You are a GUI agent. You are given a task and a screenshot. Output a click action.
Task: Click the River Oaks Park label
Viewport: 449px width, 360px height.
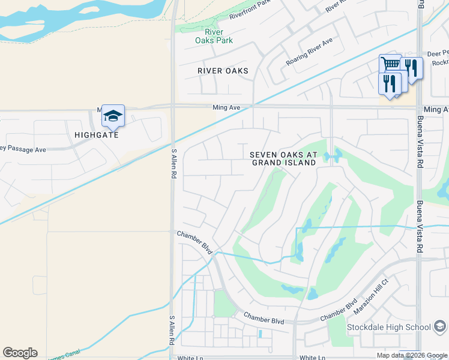pyautogui.click(x=214, y=36)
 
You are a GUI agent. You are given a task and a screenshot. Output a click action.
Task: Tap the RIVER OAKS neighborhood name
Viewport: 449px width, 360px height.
pyautogui.click(x=223, y=71)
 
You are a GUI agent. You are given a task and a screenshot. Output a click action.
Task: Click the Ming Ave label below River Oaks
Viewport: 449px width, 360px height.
pyautogui.click(x=226, y=107)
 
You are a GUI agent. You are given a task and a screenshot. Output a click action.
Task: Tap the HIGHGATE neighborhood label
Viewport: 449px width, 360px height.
pyautogui.click(x=97, y=135)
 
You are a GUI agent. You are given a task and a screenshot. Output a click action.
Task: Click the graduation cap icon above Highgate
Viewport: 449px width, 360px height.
pyautogui.click(x=113, y=116)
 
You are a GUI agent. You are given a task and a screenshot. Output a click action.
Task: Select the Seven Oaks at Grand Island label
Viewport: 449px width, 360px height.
pyautogui.click(x=283, y=158)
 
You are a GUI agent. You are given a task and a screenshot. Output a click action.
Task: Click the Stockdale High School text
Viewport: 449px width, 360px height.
pyautogui.click(x=389, y=327)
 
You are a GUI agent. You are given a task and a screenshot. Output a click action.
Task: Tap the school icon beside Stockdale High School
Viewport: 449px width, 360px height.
pyautogui.click(x=440, y=327)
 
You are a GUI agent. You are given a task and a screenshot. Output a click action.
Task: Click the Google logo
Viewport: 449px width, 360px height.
pyautogui.click(x=20, y=353)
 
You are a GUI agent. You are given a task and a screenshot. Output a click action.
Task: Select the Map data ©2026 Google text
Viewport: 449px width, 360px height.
pyautogui.click(x=411, y=355)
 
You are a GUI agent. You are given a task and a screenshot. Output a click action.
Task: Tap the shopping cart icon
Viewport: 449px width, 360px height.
pyautogui.click(x=391, y=64)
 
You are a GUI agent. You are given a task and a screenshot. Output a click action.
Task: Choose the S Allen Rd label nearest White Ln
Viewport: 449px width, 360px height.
pyautogui.click(x=172, y=330)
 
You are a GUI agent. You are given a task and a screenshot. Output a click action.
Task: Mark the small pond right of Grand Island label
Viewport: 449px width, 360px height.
pyautogui.click(x=332, y=157)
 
